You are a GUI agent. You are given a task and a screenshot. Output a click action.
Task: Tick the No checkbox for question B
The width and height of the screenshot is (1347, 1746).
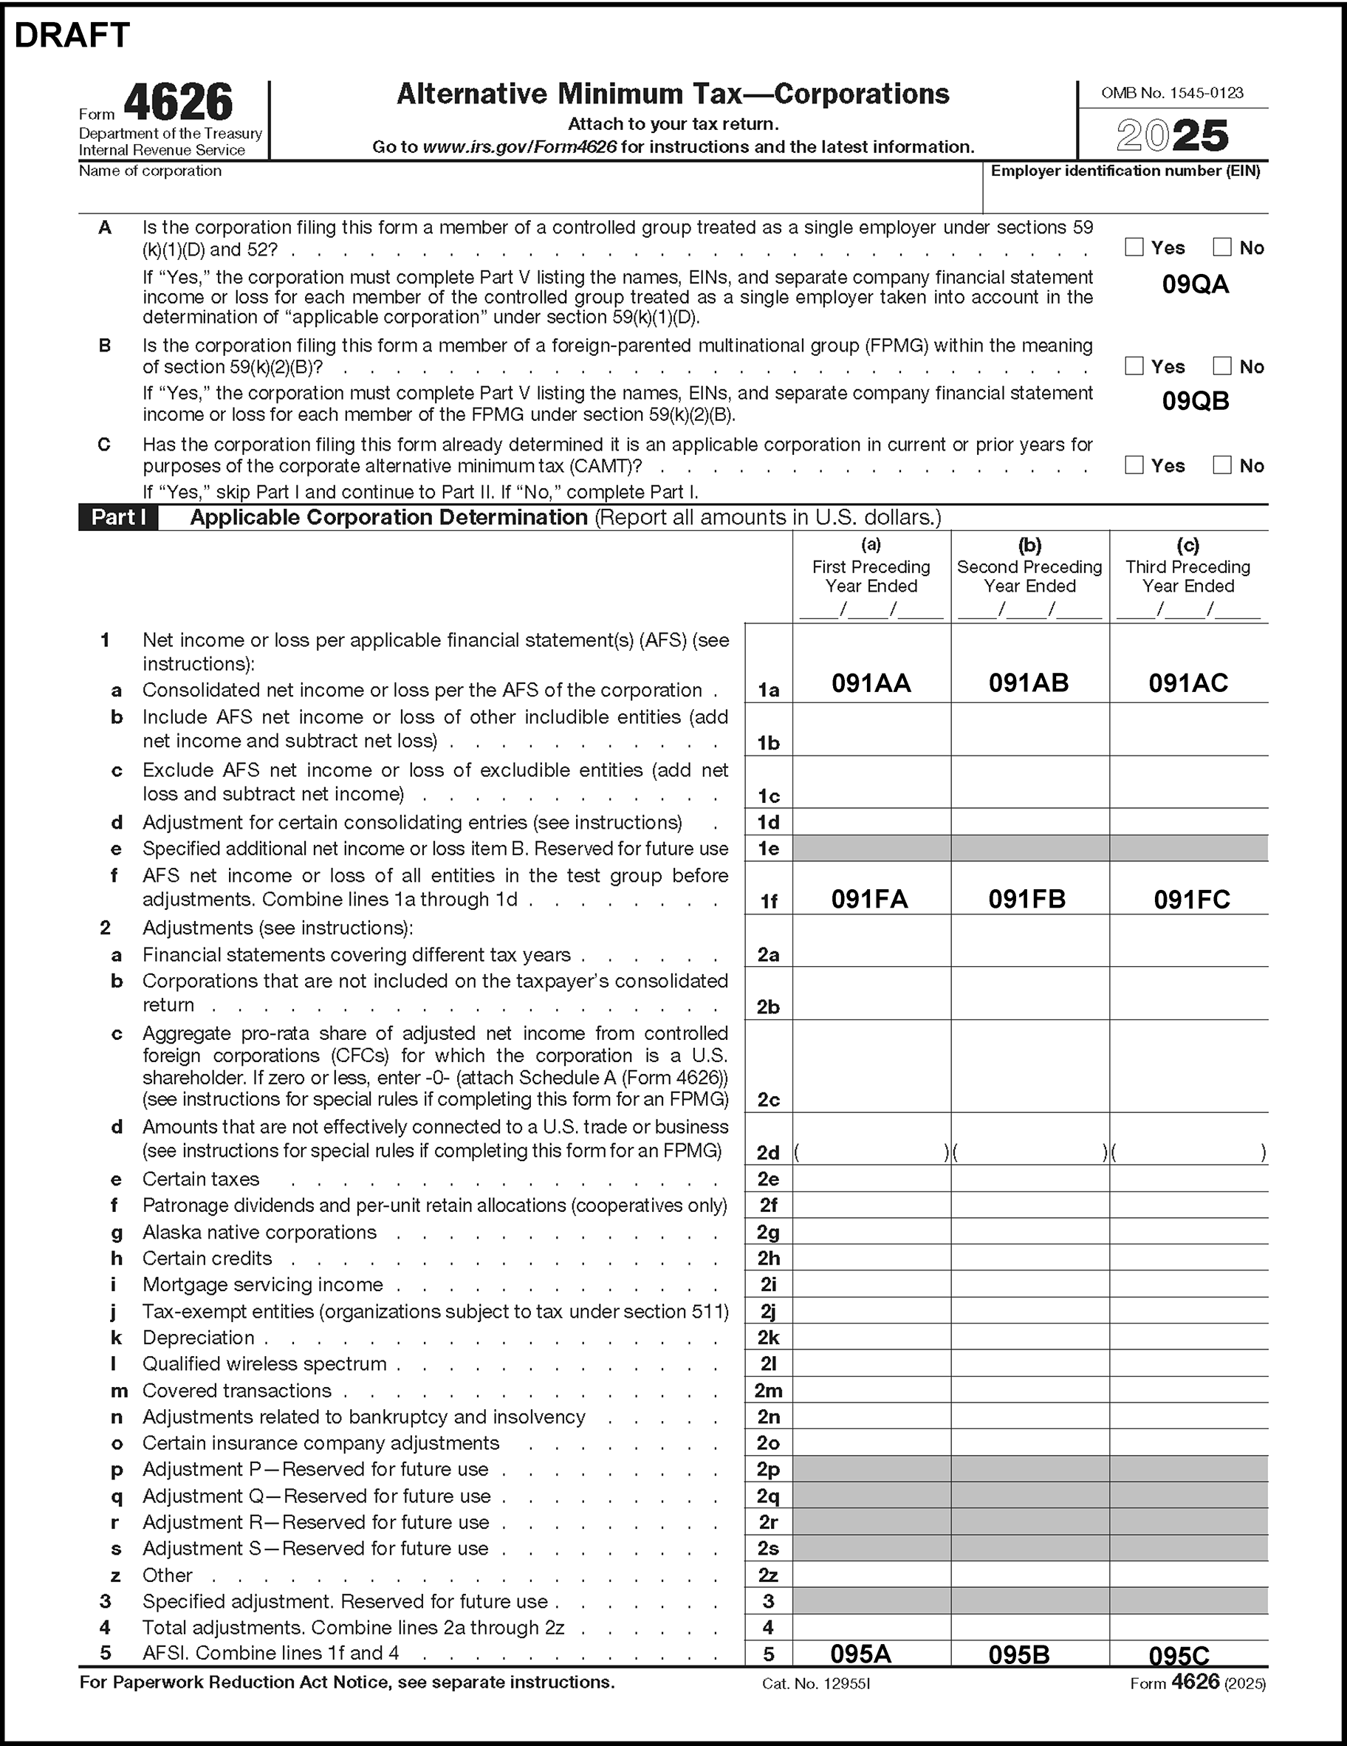(1221, 366)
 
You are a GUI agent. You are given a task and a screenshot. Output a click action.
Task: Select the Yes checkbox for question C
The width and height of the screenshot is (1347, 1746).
(1134, 465)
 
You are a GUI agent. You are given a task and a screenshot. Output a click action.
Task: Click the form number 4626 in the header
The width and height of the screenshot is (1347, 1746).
(178, 103)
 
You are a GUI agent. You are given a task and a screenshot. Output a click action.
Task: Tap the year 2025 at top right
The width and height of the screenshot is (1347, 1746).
(1172, 136)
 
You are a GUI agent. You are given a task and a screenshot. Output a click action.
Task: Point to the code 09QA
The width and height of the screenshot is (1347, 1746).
(1195, 284)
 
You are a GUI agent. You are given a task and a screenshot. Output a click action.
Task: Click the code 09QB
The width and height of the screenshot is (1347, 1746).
(1195, 401)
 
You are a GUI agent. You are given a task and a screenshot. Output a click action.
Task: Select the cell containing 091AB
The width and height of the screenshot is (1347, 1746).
(1029, 682)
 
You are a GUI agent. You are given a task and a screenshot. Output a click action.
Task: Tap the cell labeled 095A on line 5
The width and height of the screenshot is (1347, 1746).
(860, 1653)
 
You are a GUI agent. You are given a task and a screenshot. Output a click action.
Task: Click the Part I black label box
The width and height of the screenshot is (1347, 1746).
(118, 517)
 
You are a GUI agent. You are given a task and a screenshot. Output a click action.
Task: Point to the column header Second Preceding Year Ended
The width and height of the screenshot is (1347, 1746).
(1029, 576)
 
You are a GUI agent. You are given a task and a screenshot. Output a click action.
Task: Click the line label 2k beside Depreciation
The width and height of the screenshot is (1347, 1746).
(768, 1338)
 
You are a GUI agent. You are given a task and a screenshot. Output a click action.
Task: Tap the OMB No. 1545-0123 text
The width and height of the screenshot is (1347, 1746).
(1172, 93)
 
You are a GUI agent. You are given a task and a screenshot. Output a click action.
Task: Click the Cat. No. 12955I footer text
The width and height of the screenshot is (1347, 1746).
(815, 1684)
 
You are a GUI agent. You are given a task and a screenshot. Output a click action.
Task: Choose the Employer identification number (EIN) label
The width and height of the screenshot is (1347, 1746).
(1125, 171)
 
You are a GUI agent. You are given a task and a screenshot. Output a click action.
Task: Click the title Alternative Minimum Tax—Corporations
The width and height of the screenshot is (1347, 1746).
(673, 95)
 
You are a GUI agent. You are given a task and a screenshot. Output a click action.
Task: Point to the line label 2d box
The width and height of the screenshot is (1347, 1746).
(768, 1152)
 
